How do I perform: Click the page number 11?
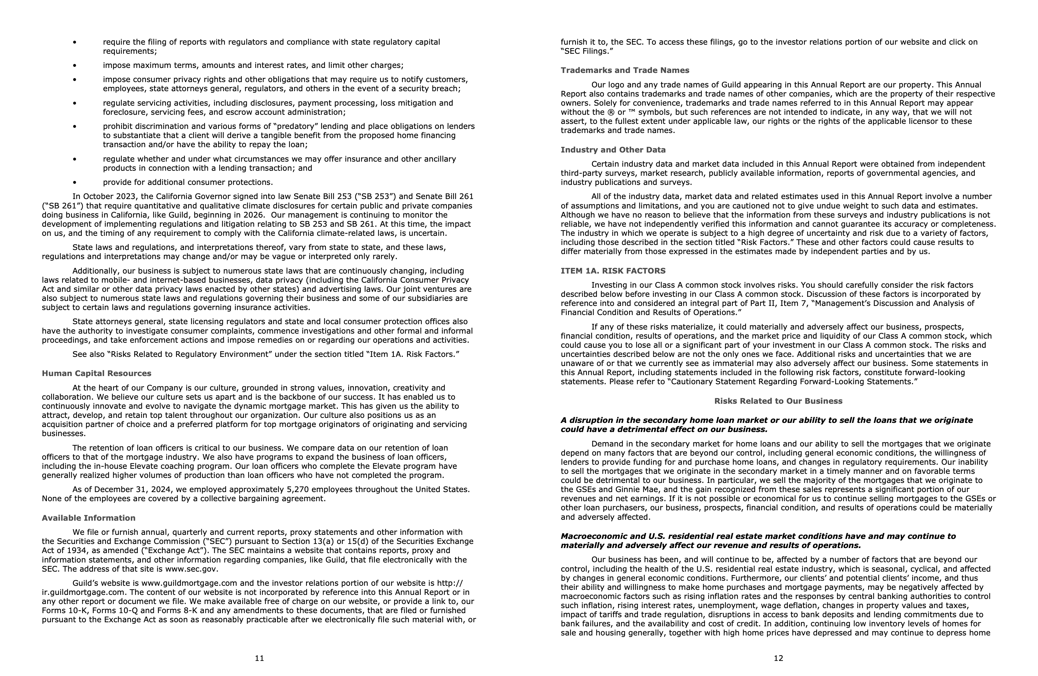(x=259, y=658)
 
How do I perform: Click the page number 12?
(x=778, y=658)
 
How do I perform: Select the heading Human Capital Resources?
(x=96, y=374)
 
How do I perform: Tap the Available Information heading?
(x=88, y=518)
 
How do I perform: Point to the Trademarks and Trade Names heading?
(x=625, y=70)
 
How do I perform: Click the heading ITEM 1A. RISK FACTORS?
(x=613, y=271)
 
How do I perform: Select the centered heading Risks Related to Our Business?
(x=778, y=401)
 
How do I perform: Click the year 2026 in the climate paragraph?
(x=254, y=215)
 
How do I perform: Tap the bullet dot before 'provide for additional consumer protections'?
(x=75, y=183)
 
